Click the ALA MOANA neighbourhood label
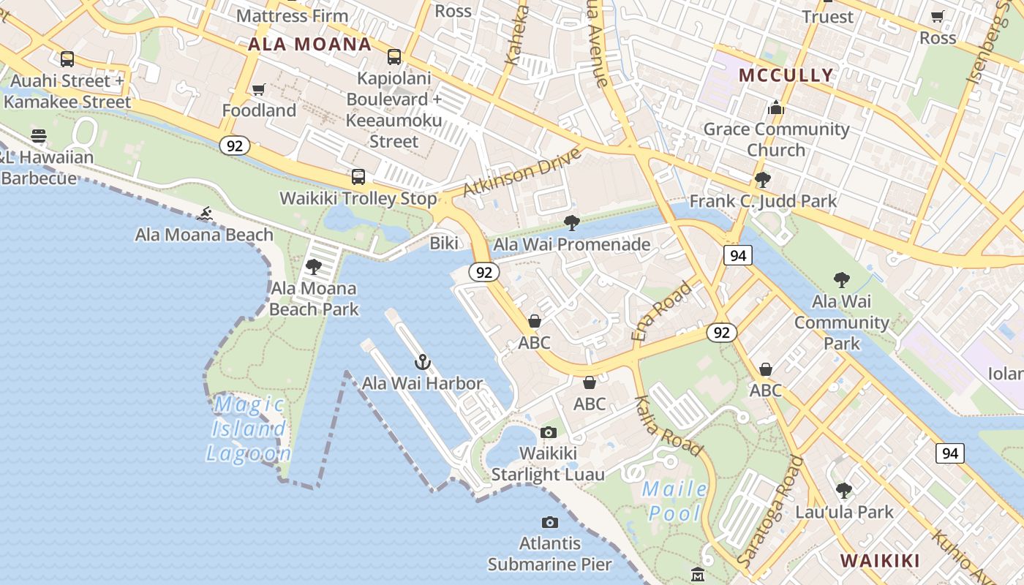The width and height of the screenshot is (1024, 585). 309,44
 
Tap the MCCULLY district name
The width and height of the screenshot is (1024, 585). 786,75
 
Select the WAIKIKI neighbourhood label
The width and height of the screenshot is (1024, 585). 879,561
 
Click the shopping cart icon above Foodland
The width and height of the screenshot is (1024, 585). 258,90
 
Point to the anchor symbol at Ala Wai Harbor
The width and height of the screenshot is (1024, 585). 422,362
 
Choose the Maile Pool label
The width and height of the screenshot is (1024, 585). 675,501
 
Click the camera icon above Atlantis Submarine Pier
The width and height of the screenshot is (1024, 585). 550,522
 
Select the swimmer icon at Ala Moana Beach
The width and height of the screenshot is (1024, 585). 205,214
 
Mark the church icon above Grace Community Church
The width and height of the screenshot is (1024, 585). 776,109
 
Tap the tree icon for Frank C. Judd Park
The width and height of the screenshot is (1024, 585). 763,179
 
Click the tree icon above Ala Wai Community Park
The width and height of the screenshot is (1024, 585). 841,279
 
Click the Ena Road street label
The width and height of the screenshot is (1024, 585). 661,311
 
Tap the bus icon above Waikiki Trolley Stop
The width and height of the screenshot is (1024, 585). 358,176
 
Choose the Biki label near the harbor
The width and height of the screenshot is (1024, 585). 444,243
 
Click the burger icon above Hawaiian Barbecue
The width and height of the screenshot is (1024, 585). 39,135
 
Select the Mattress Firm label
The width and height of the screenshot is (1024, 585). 293,15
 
